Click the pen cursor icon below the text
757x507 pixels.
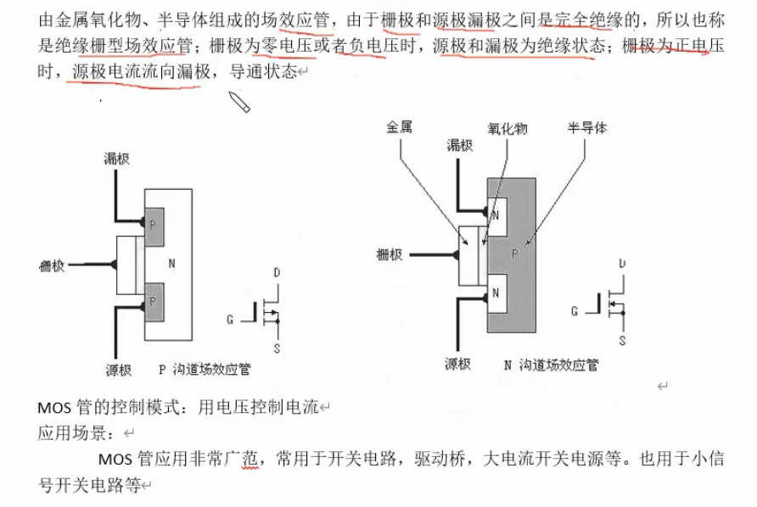click(239, 101)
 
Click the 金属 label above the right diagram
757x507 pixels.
click(399, 127)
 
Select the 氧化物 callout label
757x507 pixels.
click(507, 129)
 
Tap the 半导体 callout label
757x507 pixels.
click(587, 128)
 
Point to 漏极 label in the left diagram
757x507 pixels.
click(116, 159)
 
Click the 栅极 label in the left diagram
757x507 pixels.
click(52, 266)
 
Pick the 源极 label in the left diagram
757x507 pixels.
click(119, 370)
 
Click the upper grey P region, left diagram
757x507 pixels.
click(154, 226)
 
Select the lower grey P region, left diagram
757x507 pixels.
click(154, 302)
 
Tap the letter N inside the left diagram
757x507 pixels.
click(172, 264)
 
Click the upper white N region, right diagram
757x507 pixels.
click(497, 216)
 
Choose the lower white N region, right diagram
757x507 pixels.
click(497, 293)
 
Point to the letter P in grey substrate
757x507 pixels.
click(515, 253)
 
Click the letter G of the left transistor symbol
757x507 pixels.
click(230, 320)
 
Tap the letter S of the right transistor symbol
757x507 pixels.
click(622, 341)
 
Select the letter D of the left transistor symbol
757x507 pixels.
click(277, 272)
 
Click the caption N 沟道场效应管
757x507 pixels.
click(551, 365)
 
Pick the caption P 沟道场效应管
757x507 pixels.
click(205, 370)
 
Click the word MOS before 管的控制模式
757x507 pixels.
click(54, 408)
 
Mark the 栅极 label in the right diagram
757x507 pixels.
click(390, 254)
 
